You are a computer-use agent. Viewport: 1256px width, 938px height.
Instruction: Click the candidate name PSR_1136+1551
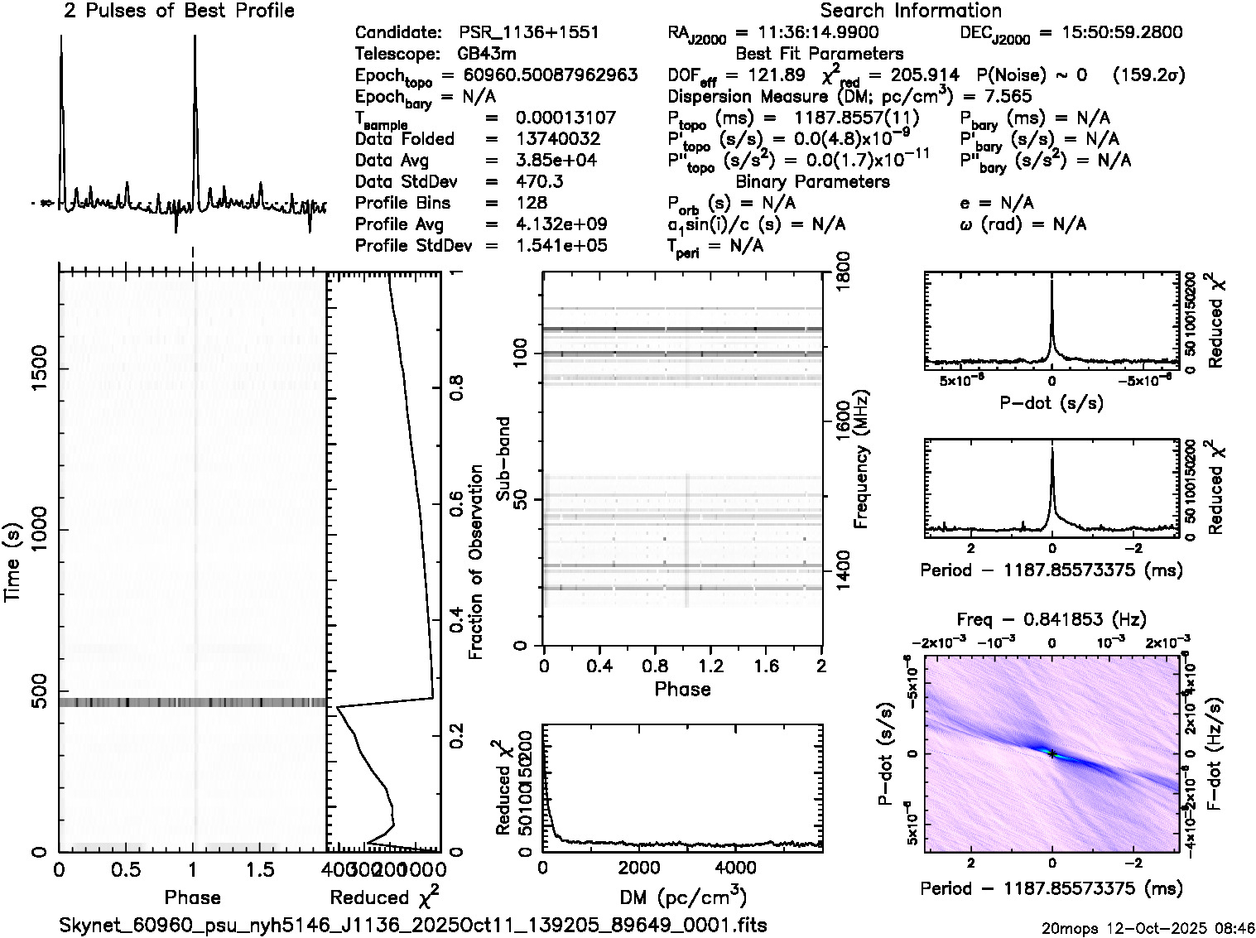tap(528, 33)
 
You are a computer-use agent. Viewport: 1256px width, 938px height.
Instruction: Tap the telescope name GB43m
tap(487, 55)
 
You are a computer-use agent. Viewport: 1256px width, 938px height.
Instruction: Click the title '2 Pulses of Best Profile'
tap(179, 11)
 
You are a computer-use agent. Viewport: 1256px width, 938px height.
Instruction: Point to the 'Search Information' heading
tap(911, 11)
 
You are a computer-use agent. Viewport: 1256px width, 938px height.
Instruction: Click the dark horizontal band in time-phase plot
tap(192, 702)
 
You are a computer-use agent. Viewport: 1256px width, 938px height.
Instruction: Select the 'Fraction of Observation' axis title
tap(476, 562)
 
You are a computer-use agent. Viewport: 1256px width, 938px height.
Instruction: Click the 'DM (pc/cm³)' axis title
tap(682, 897)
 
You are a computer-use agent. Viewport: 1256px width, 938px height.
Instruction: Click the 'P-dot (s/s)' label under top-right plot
tap(1051, 403)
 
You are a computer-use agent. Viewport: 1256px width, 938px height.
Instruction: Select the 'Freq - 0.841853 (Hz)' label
tap(1051, 619)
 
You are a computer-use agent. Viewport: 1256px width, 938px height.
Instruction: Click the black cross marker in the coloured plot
tap(1051, 753)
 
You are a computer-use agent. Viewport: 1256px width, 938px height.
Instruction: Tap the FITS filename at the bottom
tap(413, 925)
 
